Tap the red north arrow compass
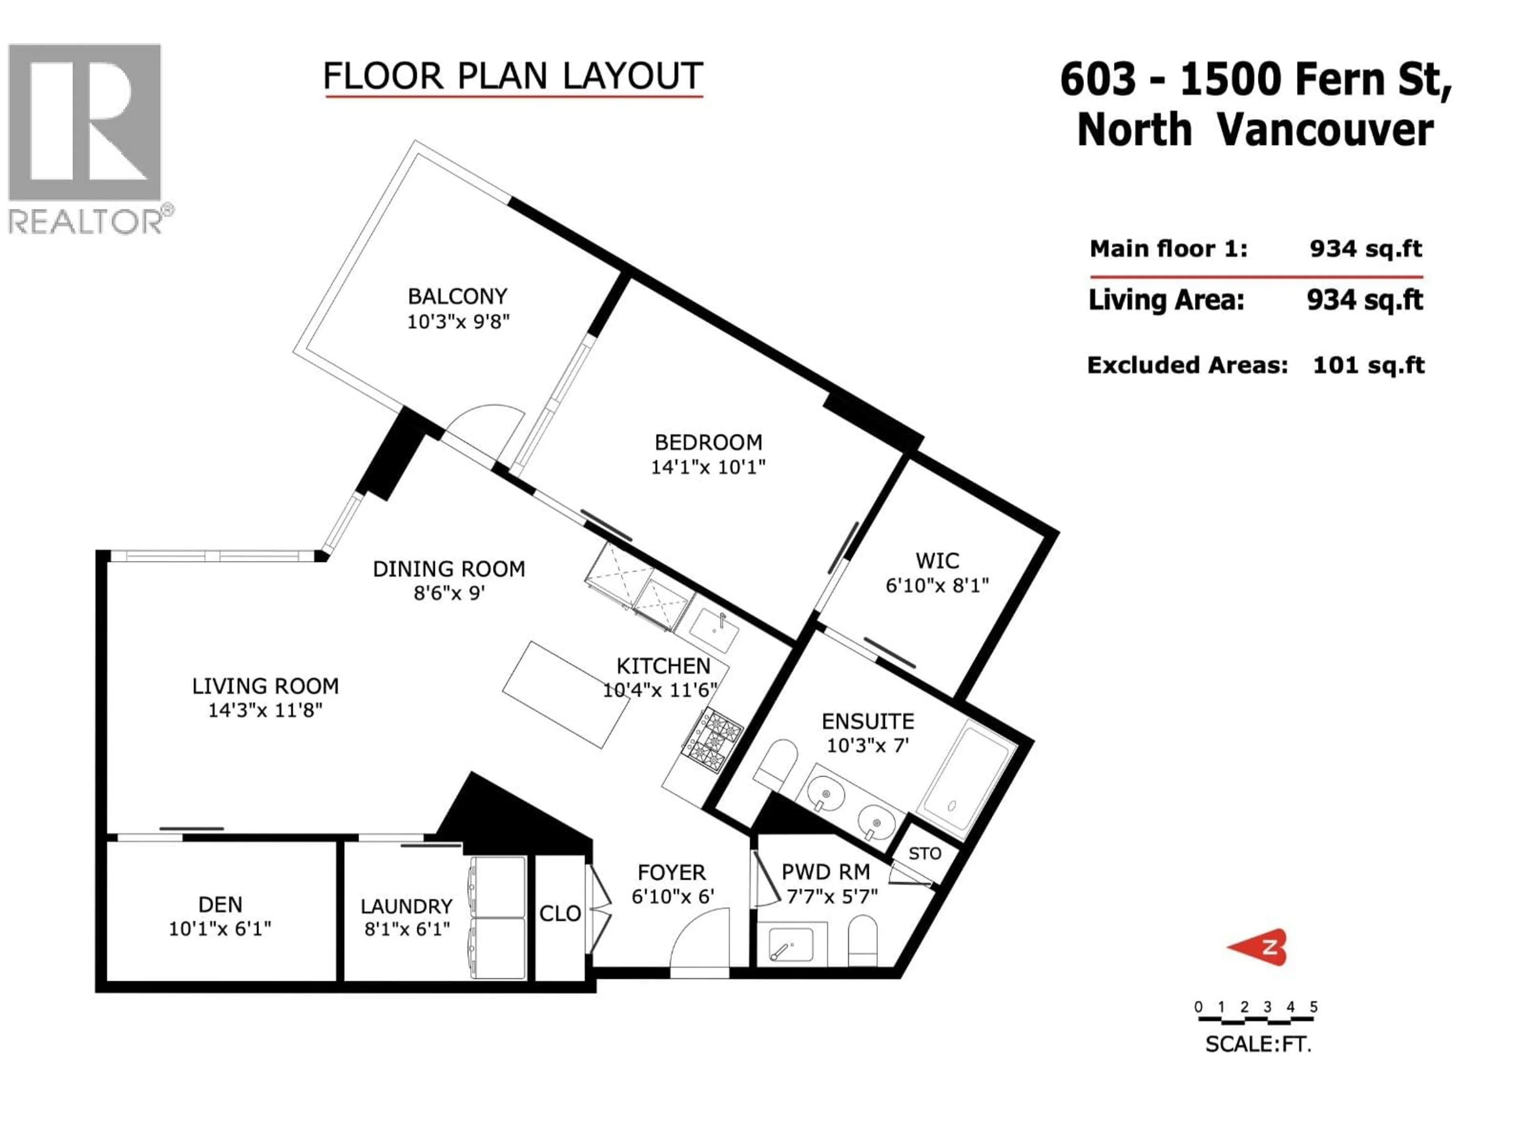(1258, 947)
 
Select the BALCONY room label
(457, 296)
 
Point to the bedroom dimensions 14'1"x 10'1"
(708, 467)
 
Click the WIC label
(937, 561)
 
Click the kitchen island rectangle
(566, 694)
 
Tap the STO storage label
(924, 854)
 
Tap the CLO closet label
(560, 914)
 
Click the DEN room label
(220, 904)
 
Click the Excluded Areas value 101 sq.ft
(1368, 365)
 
